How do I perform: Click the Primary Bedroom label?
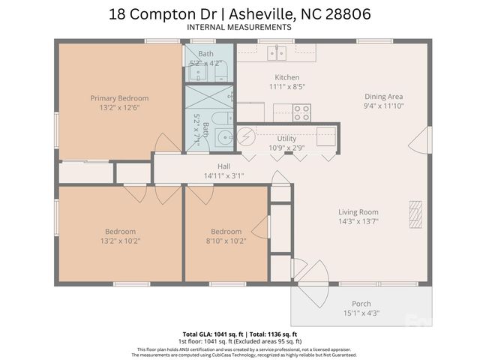point(119,98)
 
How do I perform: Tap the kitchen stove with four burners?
point(301,112)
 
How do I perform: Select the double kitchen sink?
point(277,52)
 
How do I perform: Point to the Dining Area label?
point(383,97)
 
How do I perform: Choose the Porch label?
point(361,304)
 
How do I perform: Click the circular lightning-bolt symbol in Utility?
point(246,136)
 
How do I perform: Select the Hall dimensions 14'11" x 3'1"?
point(224,176)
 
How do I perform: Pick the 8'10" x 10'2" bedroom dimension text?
point(226,241)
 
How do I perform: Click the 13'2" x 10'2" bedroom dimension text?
point(119,241)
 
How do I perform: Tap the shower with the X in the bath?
point(210,97)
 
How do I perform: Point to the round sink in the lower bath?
point(223,137)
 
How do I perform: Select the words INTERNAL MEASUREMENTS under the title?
point(239,27)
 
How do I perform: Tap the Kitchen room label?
point(287,77)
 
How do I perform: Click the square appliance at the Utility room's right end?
point(326,136)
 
